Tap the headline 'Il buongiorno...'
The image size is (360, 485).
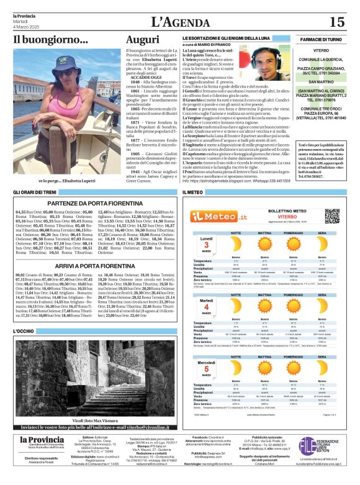tap(51, 40)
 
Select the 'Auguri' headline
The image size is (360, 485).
tap(142, 40)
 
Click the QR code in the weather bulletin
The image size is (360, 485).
tap(332, 216)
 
